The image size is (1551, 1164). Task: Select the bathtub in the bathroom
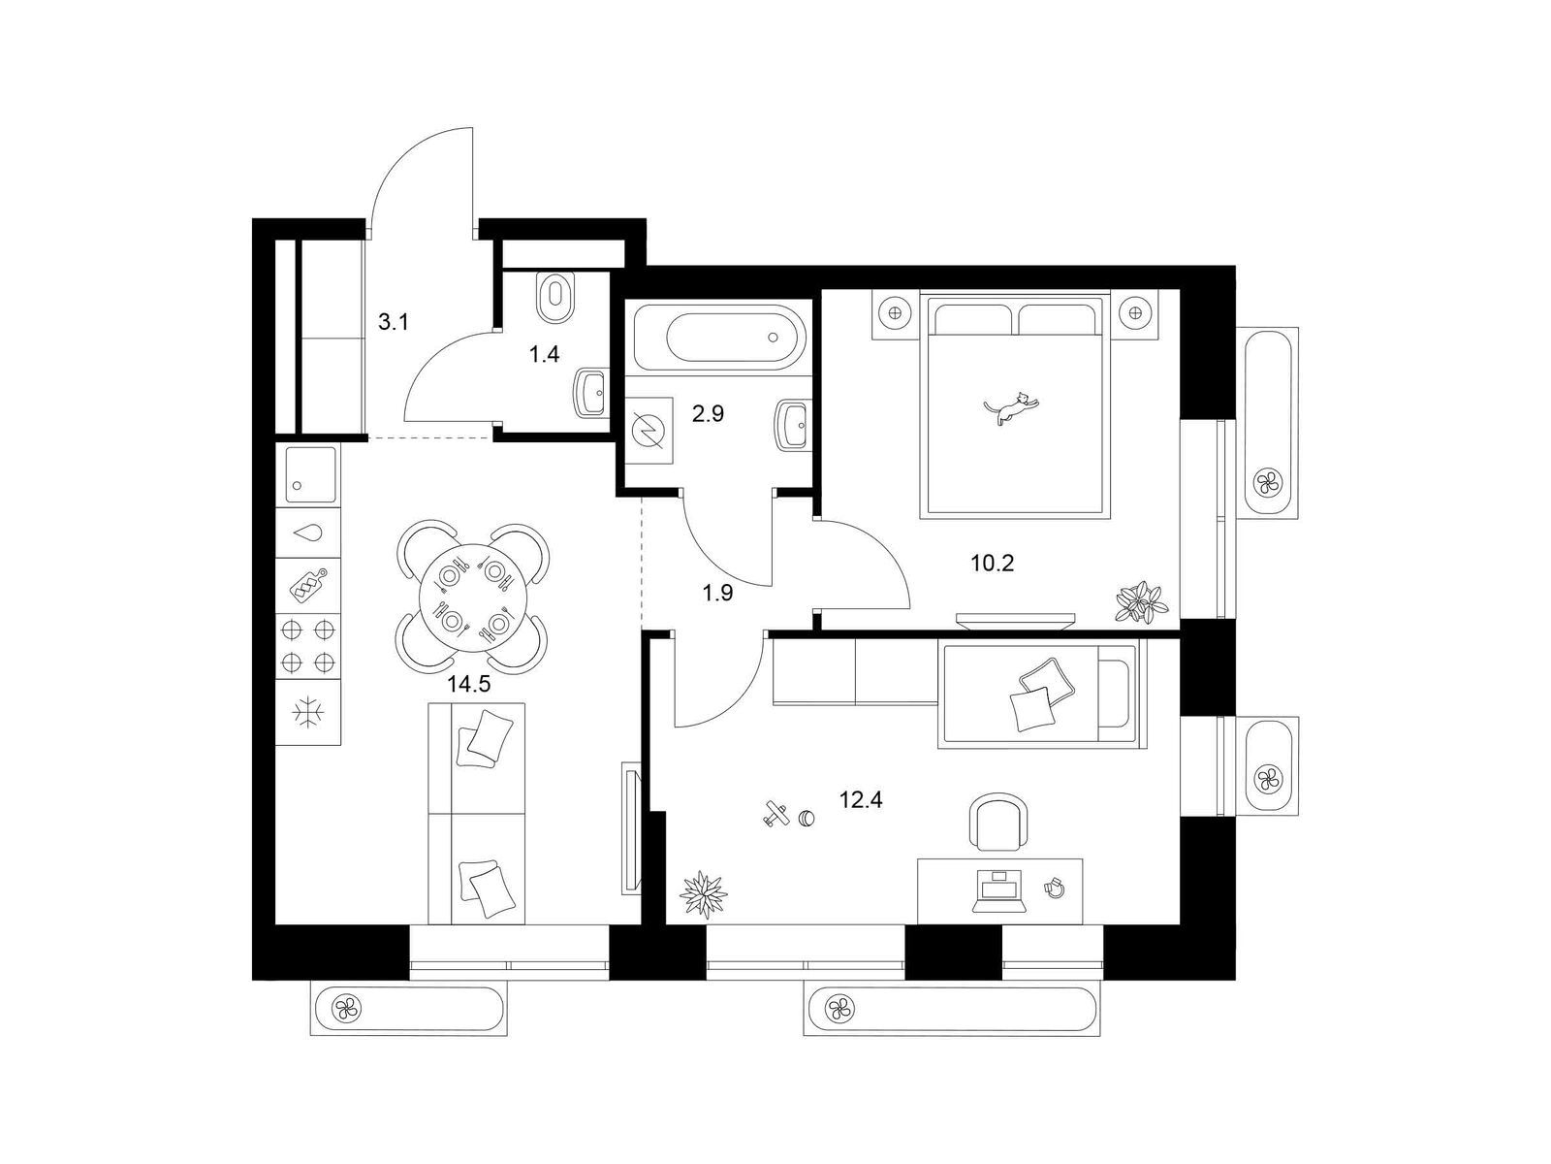point(719,337)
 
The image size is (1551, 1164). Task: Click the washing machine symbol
point(649,431)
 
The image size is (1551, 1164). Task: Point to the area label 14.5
point(468,684)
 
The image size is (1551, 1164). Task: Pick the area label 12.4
point(861,800)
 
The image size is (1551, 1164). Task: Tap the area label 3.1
point(393,322)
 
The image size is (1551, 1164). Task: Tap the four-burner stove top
point(308,645)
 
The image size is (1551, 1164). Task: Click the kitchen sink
point(311,474)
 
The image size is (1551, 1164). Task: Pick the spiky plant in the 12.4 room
point(703,895)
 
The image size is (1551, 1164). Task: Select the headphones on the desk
point(1054,888)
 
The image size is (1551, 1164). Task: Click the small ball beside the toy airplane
point(807,818)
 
